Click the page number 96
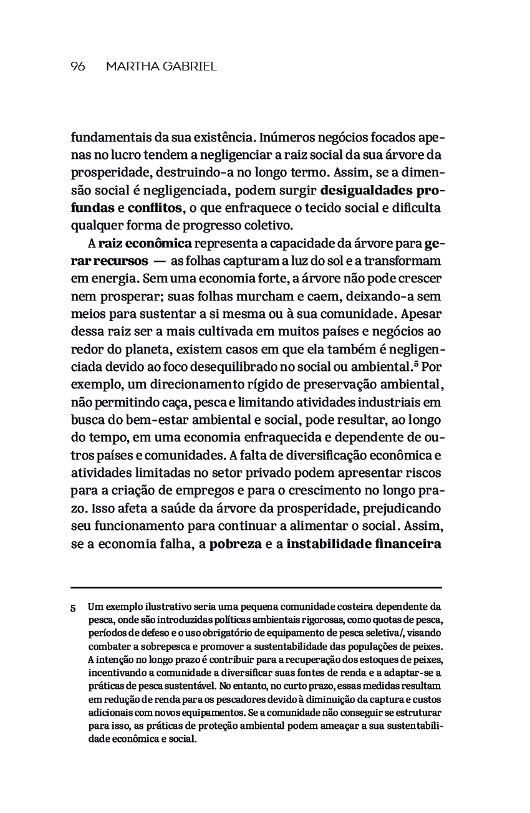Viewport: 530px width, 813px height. (78, 66)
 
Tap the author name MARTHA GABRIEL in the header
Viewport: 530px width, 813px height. (161, 66)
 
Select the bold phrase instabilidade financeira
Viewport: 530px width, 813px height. (364, 543)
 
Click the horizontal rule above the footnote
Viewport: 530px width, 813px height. (256, 587)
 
